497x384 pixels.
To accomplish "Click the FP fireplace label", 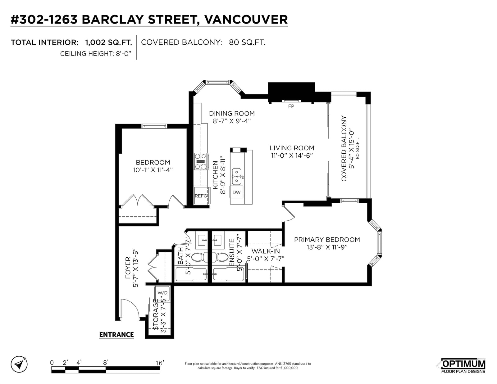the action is coord(291,106).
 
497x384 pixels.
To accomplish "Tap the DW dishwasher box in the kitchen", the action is coord(236,192).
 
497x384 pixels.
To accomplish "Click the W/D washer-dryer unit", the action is coord(162,293).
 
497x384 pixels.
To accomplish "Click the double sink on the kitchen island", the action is coord(237,176).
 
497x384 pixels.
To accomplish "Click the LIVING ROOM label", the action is coord(292,148).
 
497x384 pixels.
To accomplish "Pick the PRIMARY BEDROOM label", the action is coord(327,240).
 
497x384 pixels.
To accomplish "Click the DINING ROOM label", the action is coord(232,113).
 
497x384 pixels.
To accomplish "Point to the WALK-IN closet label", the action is coord(266,251).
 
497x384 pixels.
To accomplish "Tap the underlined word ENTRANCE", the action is coord(116,335).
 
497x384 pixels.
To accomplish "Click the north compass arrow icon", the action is coord(19,364).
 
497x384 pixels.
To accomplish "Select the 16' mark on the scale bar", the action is coord(160,363).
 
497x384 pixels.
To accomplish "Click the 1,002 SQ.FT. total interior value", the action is coord(108,42).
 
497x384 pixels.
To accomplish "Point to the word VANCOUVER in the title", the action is coord(246,20).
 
